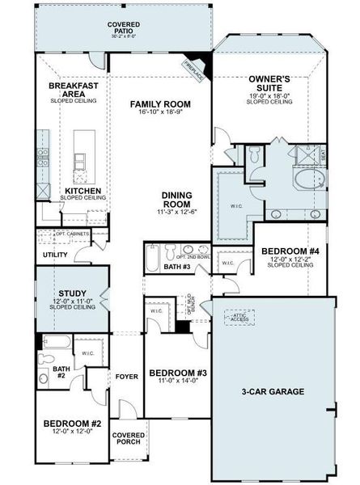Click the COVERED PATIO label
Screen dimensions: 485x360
124,28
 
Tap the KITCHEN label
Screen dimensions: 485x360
83,192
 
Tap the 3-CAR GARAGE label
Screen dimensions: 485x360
272,392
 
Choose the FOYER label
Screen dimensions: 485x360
125,376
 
